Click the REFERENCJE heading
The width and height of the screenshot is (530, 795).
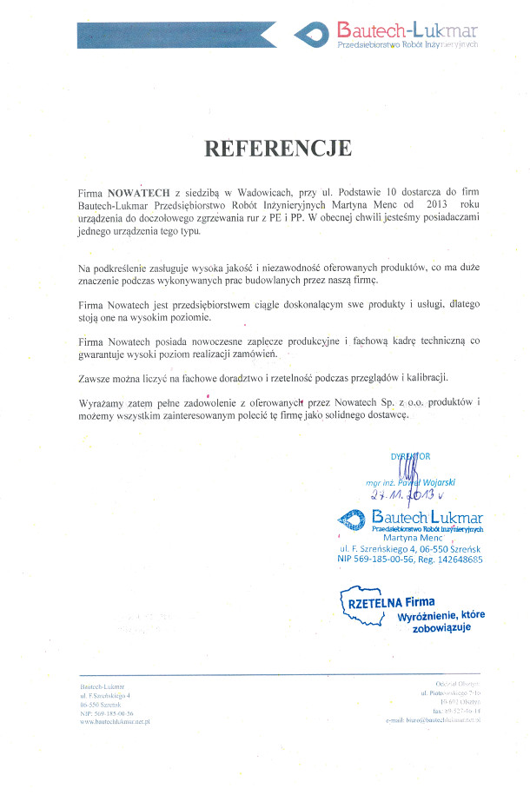tap(278, 149)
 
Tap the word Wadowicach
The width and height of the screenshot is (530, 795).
tap(252, 191)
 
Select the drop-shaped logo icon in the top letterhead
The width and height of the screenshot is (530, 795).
tap(312, 35)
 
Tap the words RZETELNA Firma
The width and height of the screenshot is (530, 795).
tap(391, 601)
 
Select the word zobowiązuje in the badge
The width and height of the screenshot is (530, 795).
tap(441, 626)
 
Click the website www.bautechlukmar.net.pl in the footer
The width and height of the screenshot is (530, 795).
tap(116, 721)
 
